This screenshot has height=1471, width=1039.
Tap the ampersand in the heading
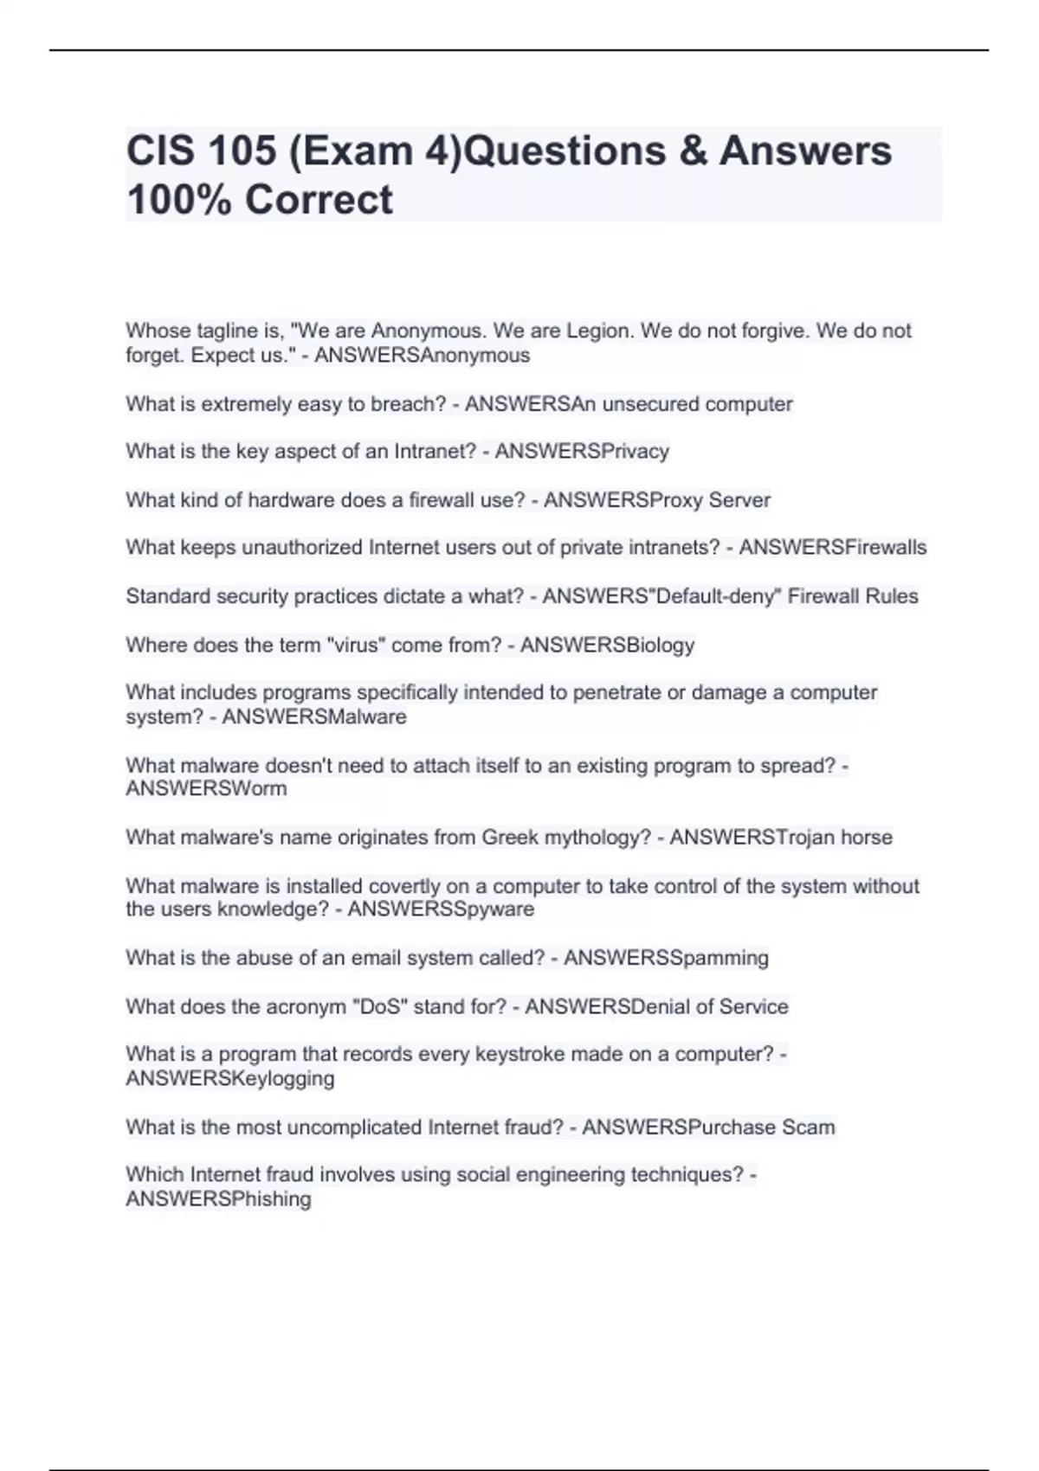tap(689, 151)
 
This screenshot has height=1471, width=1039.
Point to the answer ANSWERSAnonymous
tap(422, 355)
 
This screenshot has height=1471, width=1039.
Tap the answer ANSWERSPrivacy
tap(582, 452)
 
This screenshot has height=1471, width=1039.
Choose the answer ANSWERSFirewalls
tap(832, 548)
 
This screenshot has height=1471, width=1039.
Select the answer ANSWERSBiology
tap(607, 645)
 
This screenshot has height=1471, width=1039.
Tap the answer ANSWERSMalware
tap(314, 716)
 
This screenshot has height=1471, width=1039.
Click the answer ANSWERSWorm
tap(206, 788)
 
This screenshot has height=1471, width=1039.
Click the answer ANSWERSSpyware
tap(441, 909)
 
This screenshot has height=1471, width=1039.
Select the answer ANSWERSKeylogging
tap(230, 1078)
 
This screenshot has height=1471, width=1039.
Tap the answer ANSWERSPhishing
tap(218, 1198)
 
